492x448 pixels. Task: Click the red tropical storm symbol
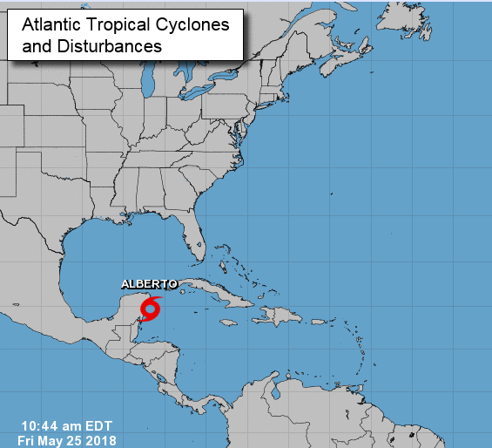152,308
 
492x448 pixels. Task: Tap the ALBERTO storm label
149,284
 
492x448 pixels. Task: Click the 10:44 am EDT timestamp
64,425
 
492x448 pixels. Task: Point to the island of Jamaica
228,322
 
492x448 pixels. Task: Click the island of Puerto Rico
319,320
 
